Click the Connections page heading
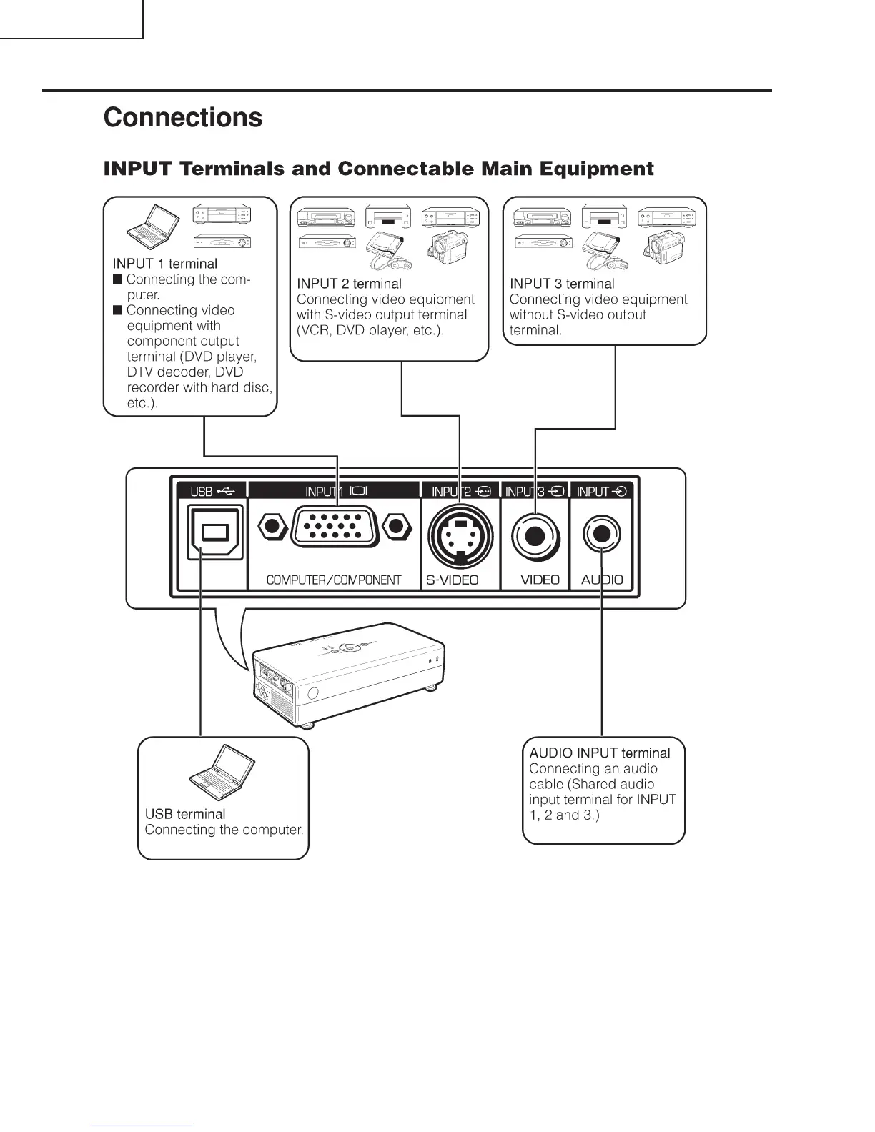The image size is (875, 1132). [183, 118]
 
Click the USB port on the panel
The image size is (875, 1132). [214, 532]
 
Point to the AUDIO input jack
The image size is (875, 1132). [602, 533]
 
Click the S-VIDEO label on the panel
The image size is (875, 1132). [453, 580]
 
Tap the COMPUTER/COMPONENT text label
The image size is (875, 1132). [334, 580]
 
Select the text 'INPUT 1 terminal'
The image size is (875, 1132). [165, 264]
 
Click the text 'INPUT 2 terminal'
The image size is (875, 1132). [349, 284]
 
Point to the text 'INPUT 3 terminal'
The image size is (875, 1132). [562, 284]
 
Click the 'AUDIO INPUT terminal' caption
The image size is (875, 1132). [600, 753]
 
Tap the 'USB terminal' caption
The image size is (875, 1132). [185, 814]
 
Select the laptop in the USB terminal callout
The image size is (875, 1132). [222, 773]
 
